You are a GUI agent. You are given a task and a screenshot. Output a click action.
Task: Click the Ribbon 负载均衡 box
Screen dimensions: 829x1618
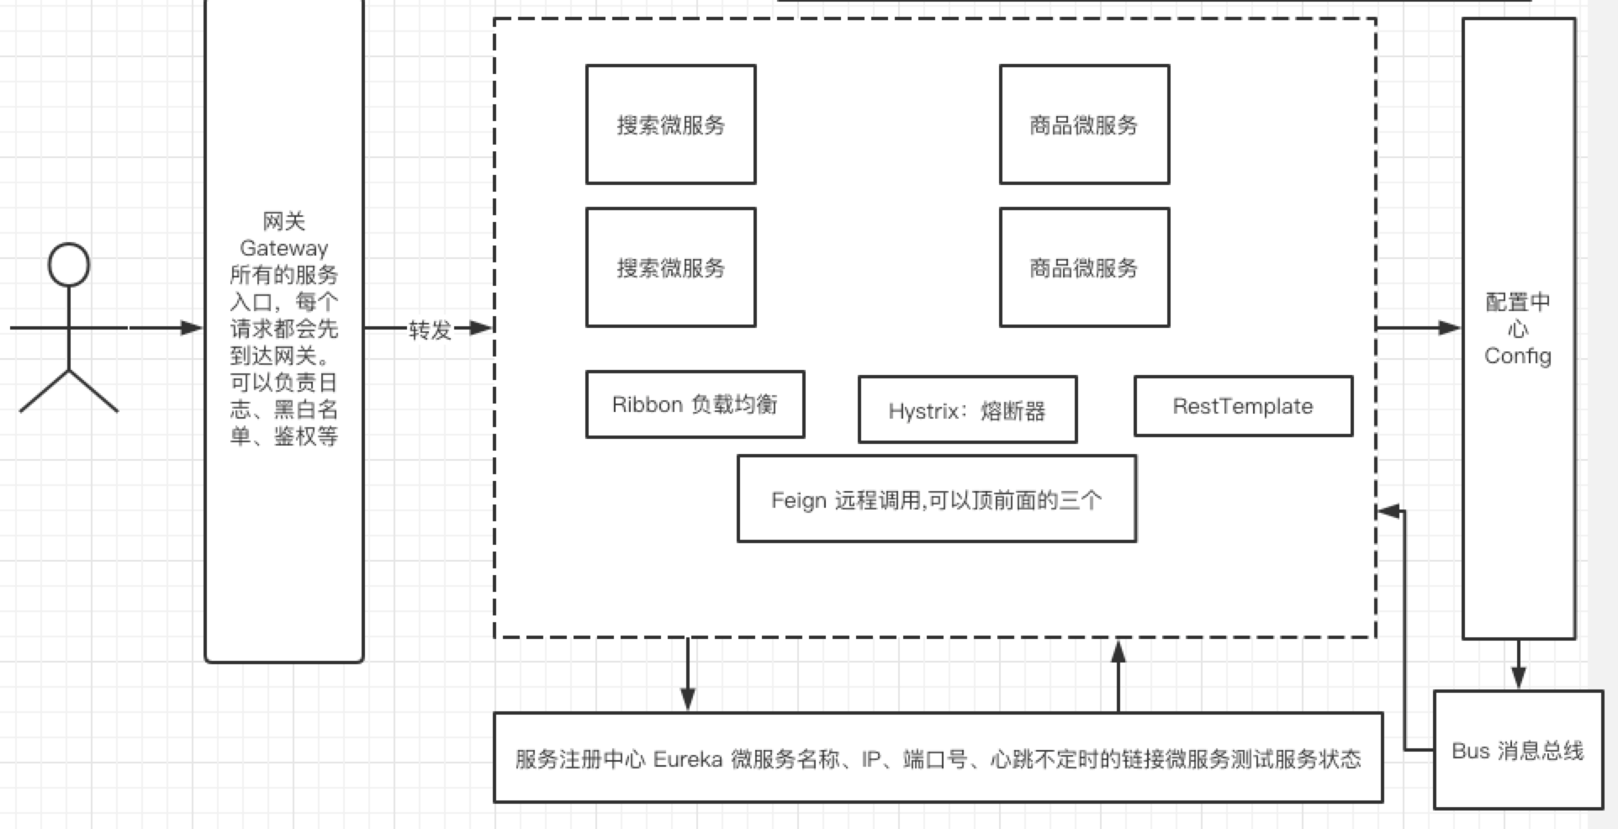(x=695, y=404)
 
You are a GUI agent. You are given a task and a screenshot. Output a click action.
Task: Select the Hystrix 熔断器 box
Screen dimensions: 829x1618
(x=967, y=410)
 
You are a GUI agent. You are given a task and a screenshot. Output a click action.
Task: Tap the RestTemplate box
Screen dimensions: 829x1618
(x=1242, y=406)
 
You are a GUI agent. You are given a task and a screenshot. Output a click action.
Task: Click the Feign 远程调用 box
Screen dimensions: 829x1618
(x=936, y=499)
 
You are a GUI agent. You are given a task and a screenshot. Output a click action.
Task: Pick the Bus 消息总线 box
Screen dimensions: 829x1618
(x=1517, y=750)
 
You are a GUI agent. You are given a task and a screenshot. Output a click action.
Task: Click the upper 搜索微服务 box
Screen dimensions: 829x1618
(x=670, y=124)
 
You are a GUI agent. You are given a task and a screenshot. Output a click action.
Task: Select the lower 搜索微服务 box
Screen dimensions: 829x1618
(x=670, y=267)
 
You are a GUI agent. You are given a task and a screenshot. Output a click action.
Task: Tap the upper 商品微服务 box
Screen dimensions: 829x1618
(x=1083, y=124)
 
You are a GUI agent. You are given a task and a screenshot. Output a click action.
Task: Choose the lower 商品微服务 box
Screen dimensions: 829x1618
(x=1083, y=267)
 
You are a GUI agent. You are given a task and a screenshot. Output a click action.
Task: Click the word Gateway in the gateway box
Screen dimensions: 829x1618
(x=283, y=248)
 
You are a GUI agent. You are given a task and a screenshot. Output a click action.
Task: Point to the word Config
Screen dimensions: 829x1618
(x=1517, y=356)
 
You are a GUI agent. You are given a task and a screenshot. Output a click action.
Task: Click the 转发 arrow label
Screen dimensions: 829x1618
(x=430, y=330)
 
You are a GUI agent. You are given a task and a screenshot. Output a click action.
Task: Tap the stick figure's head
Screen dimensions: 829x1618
(x=69, y=264)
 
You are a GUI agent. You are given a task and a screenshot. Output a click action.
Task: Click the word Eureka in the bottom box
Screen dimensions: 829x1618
(x=687, y=759)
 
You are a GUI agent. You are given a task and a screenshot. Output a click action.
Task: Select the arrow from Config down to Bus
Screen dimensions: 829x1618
(x=1518, y=665)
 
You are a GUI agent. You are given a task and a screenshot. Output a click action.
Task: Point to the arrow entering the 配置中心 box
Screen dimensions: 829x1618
(x=1421, y=327)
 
